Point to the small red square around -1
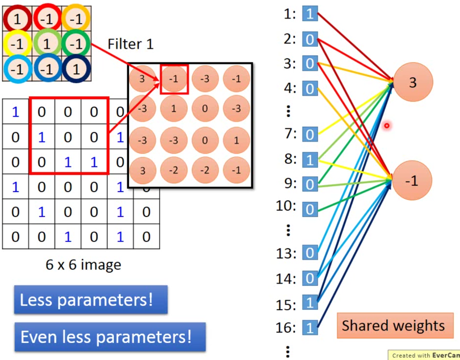pyautogui.click(x=174, y=79)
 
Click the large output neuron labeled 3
pyautogui.click(x=413, y=82)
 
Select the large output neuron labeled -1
pyautogui.click(x=413, y=181)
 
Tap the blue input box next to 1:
pyautogui.click(x=310, y=14)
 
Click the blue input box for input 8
pyautogui.click(x=310, y=160)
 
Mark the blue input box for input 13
pyautogui.click(x=310, y=254)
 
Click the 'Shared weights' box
pyautogui.click(x=393, y=325)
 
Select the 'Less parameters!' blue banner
pyautogui.click(x=91, y=300)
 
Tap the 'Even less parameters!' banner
pyautogui.click(x=110, y=336)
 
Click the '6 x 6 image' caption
pyautogui.click(x=83, y=265)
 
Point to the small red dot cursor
pyautogui.click(x=387, y=126)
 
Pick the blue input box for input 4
pyautogui.click(x=310, y=89)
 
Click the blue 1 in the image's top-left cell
pyautogui.click(x=15, y=112)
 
